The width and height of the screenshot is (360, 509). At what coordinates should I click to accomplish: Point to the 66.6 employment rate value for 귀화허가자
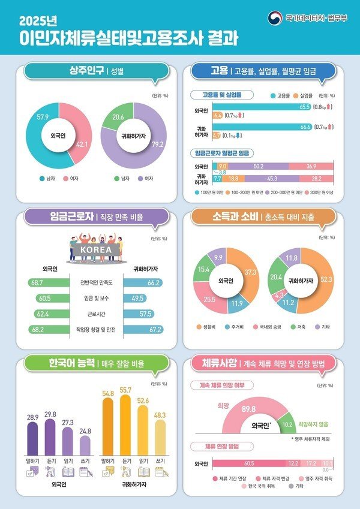(305, 127)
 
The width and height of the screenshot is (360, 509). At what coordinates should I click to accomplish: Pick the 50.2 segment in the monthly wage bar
(259, 166)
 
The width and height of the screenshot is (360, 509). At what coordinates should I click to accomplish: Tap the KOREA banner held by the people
(92, 249)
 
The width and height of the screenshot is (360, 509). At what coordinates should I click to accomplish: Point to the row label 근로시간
(92, 314)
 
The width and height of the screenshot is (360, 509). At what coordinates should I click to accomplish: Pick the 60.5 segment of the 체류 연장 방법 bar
(248, 463)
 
